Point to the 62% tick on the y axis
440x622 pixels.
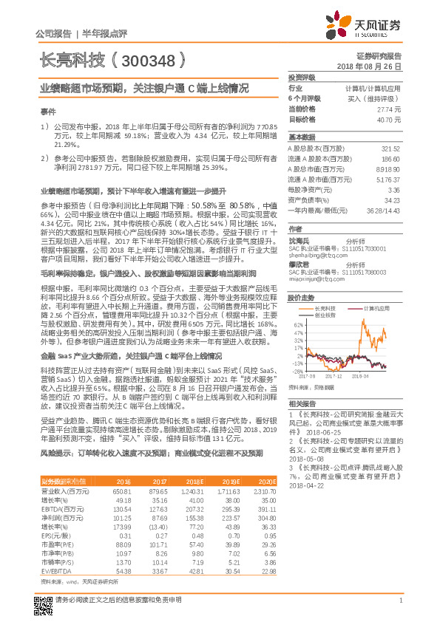coord(299,325)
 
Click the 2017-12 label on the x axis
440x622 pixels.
coord(336,375)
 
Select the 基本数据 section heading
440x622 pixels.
coord(302,137)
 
